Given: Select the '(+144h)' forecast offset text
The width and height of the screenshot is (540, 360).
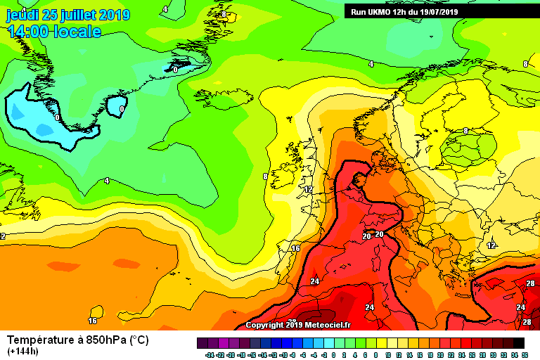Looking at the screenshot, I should coord(23,351).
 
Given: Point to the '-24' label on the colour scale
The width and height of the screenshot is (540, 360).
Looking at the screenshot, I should coord(208,355).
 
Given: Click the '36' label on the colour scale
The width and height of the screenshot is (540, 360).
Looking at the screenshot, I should coord(525,355).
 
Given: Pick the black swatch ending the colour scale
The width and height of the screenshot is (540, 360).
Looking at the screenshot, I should coord(518,343).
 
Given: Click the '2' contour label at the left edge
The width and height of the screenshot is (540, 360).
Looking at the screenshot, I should coord(3,236).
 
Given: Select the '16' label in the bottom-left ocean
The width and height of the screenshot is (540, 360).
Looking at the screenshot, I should coord(92,320).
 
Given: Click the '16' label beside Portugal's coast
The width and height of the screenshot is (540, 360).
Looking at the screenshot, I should coord(295,248).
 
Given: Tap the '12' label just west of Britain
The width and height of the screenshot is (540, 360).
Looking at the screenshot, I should coord(307,190).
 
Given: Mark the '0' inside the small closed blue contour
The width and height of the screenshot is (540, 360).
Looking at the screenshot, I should coord(122,110).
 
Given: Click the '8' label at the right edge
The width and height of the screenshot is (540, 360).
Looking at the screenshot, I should coord(525,64).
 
